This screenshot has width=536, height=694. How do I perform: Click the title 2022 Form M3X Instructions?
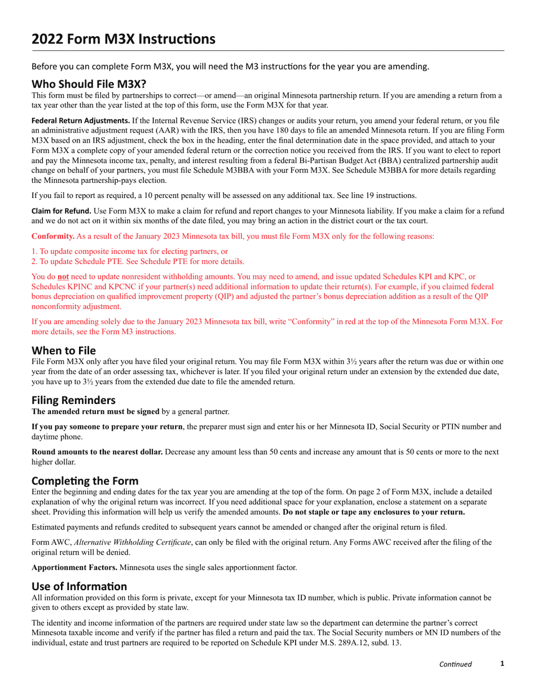pos(123,39)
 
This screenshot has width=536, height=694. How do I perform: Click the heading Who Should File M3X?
pos(89,84)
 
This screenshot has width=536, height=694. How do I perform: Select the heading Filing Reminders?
pos(73,400)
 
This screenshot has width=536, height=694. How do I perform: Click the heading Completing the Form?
pos(85,481)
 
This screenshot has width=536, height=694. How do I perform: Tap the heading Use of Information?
pos(79,586)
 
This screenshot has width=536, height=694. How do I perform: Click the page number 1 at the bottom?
pos(502,664)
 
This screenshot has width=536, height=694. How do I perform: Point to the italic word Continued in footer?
pos(455,664)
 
